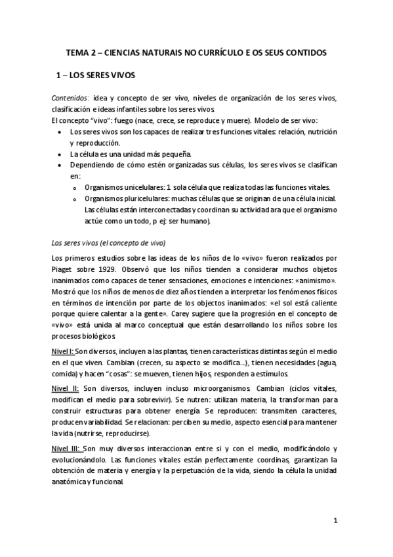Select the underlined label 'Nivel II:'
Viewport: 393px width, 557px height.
(66, 387)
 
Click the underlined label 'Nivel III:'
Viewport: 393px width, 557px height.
(68, 447)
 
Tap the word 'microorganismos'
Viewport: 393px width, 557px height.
(201, 387)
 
